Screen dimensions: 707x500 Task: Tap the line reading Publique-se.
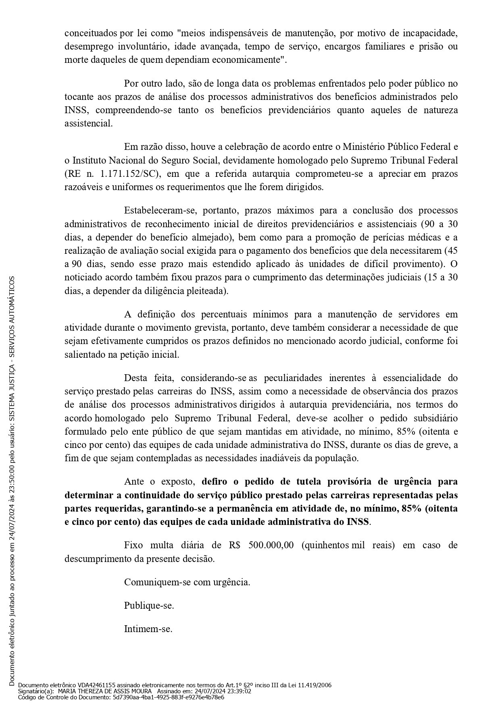coord(149,605)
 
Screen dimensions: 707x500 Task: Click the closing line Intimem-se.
coord(148,629)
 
